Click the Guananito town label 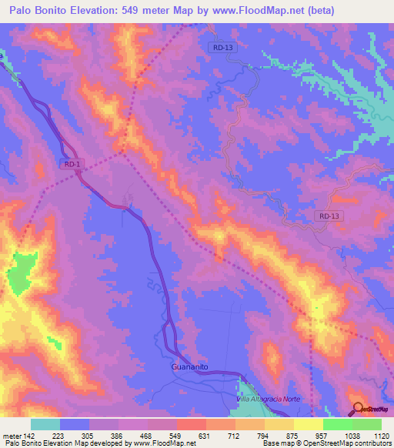(x=189, y=368)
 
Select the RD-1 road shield (x=72, y=163)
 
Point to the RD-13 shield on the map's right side (x=328, y=216)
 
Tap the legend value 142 (x=29, y=436)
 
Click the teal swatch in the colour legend (x=45, y=424)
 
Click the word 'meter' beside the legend (x=11, y=436)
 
